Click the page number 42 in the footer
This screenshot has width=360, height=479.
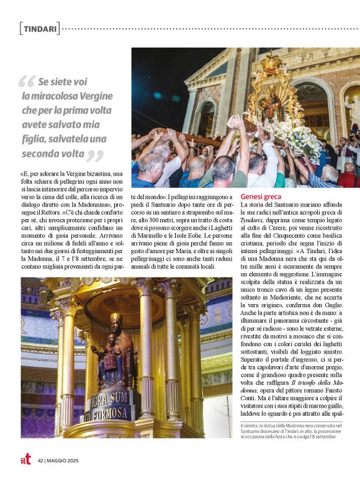click(40, 460)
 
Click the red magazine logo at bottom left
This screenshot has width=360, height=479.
click(25, 460)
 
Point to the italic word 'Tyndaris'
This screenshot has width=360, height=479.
click(252, 220)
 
